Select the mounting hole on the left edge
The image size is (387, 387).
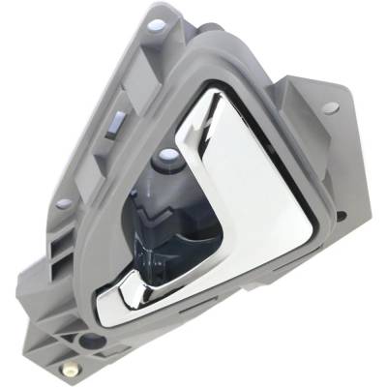63,204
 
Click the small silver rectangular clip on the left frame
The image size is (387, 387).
113,121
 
